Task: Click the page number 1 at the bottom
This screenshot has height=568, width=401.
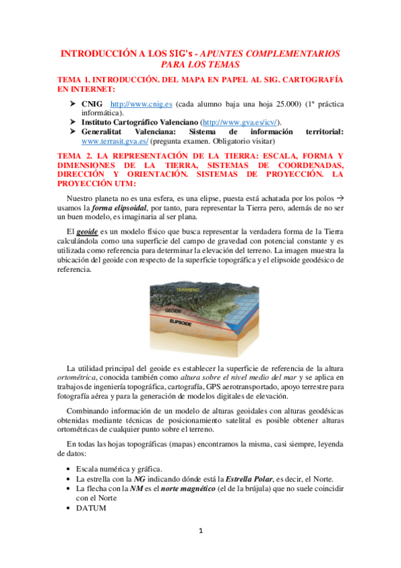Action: pos(200,531)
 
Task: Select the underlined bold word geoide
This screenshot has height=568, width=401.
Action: pos(88,228)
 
